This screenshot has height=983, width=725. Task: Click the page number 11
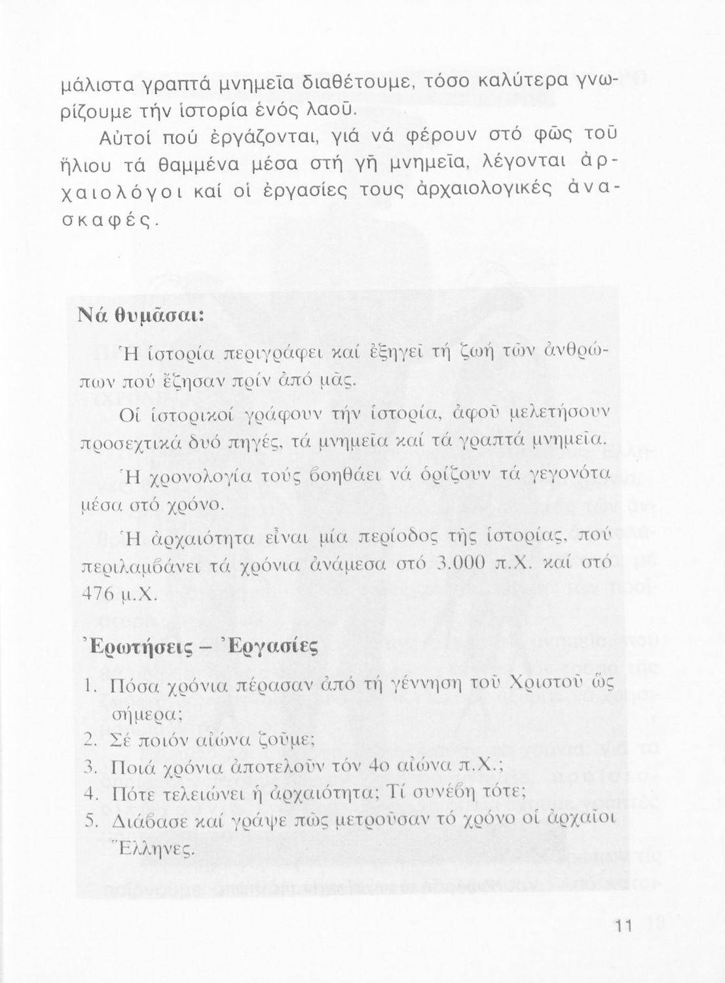622,927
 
